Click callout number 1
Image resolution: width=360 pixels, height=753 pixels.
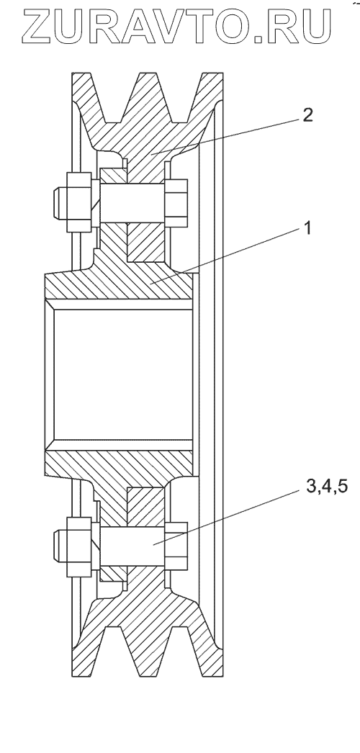tap(306, 228)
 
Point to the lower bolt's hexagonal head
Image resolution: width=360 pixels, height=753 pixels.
tap(176, 546)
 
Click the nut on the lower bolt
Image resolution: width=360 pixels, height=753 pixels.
tap(78, 546)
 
